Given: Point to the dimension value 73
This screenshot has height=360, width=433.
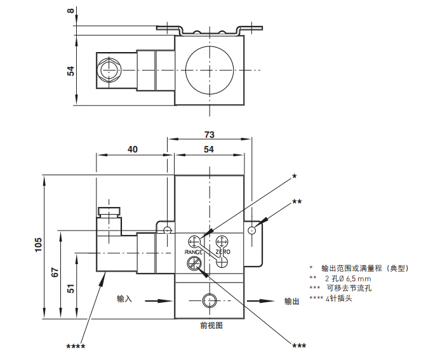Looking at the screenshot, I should [x=210, y=135].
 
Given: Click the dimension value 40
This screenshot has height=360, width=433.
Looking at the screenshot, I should [x=133, y=149].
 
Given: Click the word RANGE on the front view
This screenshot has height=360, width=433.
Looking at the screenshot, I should [x=194, y=252].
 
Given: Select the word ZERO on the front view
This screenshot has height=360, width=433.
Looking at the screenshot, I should [x=223, y=252].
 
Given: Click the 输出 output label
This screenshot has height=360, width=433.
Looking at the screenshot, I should [x=291, y=301].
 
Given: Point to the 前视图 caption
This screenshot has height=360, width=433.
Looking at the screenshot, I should [x=211, y=326].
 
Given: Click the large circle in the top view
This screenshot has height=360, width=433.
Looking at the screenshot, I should [x=209, y=70].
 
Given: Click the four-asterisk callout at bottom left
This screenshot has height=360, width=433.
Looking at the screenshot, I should [x=76, y=346].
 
